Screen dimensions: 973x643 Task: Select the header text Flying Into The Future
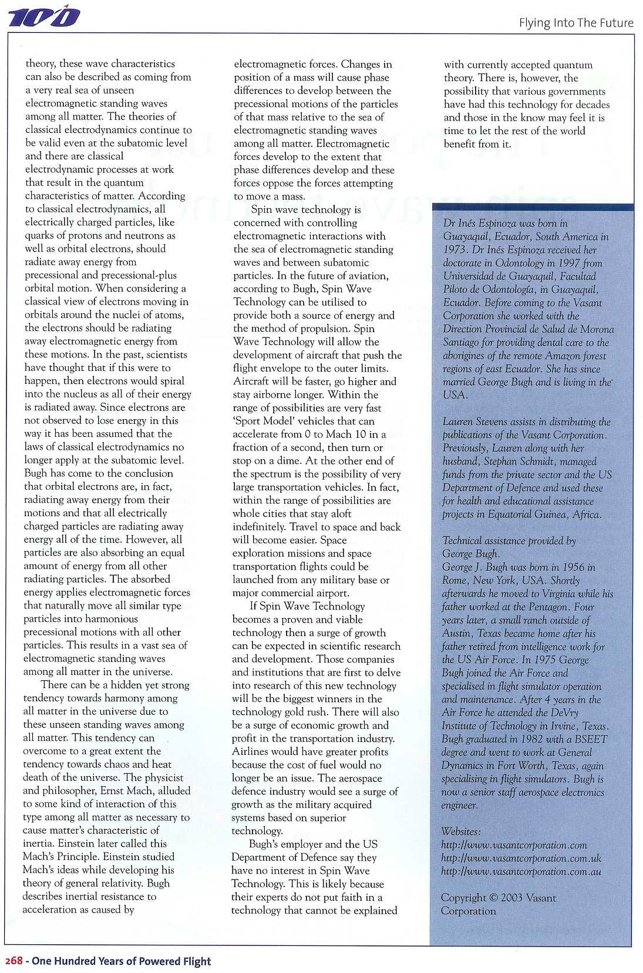coord(575,23)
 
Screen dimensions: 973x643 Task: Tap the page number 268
coord(14,961)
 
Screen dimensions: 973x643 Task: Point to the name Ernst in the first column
coord(112,791)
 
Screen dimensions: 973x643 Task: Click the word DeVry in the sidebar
coord(563,713)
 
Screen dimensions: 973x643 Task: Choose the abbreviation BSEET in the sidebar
coord(589,739)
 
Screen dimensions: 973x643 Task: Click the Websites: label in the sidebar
coord(462,831)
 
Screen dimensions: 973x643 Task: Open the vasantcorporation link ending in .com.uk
coord(521,858)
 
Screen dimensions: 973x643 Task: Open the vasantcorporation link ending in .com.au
coord(521,872)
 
